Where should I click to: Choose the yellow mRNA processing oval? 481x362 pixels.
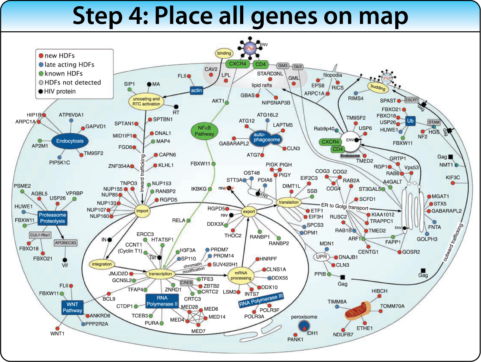point(241,275)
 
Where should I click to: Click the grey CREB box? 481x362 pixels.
point(186,283)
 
